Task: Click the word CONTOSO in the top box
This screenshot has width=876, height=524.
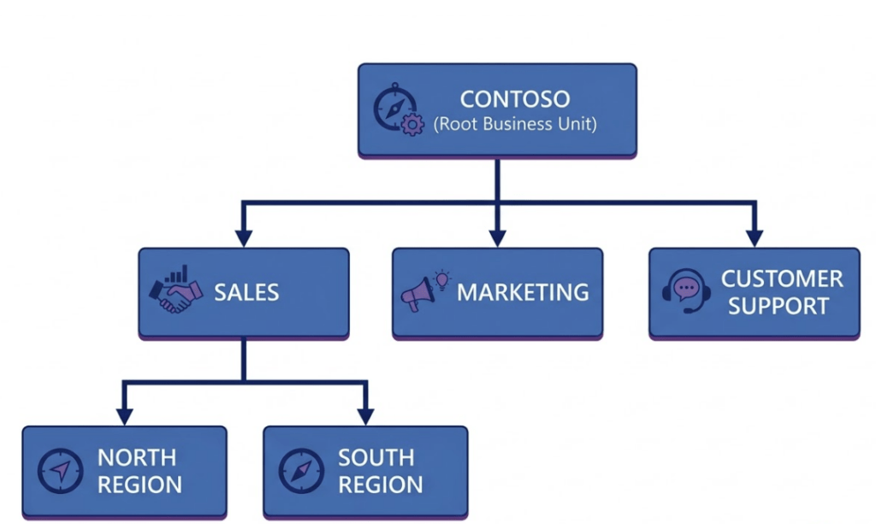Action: (x=515, y=99)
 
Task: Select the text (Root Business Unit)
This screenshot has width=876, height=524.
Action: (x=515, y=124)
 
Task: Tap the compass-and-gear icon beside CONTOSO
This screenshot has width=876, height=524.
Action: (x=398, y=110)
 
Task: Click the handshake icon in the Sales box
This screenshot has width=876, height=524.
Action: (x=175, y=291)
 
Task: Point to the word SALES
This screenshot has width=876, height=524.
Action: (x=246, y=292)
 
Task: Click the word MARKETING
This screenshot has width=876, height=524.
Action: (x=523, y=292)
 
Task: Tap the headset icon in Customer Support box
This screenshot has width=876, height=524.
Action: (x=686, y=291)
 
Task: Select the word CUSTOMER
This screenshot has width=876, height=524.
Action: (x=782, y=279)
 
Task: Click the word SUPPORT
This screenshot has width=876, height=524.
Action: (x=778, y=306)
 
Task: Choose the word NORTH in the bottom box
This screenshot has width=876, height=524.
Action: (x=137, y=457)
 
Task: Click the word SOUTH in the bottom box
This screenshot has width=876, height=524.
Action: (x=376, y=457)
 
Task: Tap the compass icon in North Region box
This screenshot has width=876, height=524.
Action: (x=60, y=470)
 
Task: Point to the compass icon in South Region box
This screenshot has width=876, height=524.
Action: (x=301, y=470)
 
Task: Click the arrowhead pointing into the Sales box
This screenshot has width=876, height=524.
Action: (x=244, y=238)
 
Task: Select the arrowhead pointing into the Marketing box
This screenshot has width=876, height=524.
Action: (x=498, y=238)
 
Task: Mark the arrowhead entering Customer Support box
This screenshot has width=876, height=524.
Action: (x=753, y=238)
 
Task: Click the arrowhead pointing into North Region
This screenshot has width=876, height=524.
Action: (x=125, y=416)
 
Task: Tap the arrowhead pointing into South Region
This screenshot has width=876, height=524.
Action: (x=365, y=416)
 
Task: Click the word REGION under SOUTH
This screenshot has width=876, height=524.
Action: (x=380, y=485)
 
